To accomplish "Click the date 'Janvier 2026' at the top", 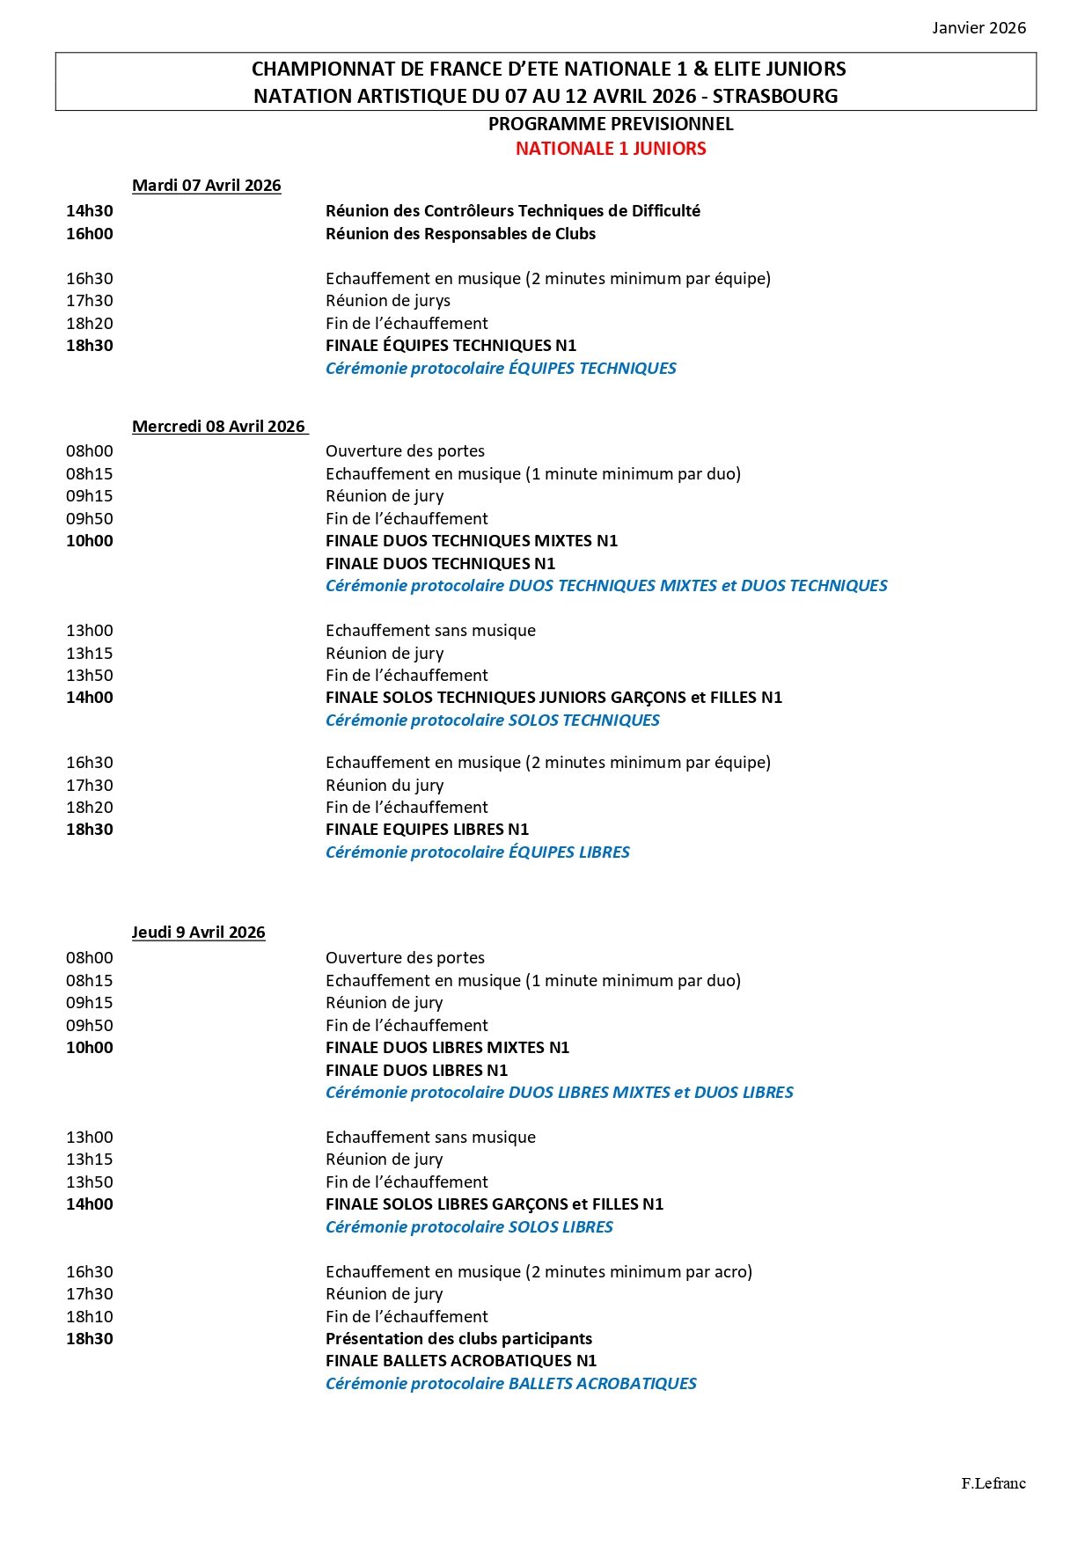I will (978, 28).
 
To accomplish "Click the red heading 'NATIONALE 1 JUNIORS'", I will (611, 149).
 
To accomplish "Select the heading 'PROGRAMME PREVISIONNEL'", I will (611, 124).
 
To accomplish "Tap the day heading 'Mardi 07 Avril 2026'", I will (207, 186).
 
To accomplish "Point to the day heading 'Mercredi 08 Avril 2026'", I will (219, 427).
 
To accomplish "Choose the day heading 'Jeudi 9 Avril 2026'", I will (199, 933).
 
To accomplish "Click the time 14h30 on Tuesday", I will (90, 211).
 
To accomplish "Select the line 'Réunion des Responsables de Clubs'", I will (460, 234).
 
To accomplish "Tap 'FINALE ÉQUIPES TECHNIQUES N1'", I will (451, 346).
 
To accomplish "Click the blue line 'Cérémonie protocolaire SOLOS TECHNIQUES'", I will (492, 721).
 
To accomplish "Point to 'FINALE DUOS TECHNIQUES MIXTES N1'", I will (472, 541).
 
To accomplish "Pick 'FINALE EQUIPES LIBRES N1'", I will (427, 830).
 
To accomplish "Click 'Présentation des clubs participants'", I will (458, 1339).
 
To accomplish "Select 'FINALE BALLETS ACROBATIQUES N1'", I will (461, 1361).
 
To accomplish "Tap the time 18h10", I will (90, 1317).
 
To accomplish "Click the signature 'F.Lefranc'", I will (993, 1483).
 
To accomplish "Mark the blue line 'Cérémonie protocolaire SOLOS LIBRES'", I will (469, 1227).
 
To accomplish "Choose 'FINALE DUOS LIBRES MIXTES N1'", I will (447, 1048).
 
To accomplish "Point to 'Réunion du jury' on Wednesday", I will (385, 786).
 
